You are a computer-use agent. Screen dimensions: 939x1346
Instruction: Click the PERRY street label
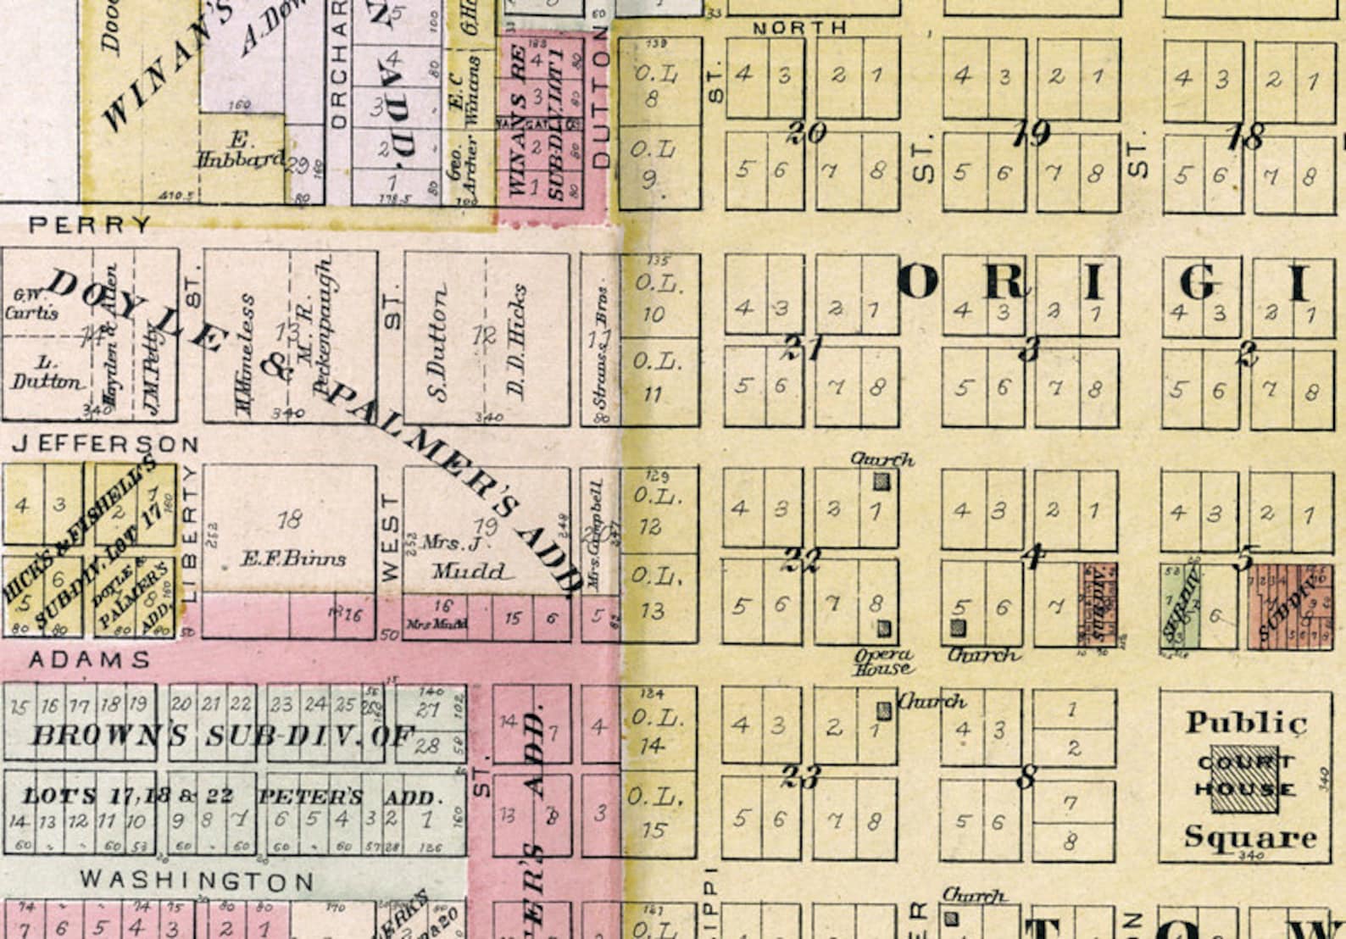[x=90, y=225]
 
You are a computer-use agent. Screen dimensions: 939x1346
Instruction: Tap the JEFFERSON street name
[x=106, y=443]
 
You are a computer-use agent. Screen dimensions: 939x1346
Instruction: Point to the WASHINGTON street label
[x=197, y=881]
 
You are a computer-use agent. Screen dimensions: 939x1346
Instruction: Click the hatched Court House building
[x=1244, y=778]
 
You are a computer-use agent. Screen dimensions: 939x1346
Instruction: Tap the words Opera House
[x=883, y=661]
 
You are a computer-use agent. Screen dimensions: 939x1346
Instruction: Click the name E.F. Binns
[x=292, y=558]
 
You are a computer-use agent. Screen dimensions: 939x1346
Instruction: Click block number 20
[x=805, y=132]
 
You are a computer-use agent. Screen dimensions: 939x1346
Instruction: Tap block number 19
[x=1031, y=133]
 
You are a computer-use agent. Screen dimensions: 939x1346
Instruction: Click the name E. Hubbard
[x=241, y=150]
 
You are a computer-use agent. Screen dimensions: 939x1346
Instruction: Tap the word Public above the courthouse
[x=1245, y=723]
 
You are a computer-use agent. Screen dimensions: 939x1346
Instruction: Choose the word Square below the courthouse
[x=1249, y=837]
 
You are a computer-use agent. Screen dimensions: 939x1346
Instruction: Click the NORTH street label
[x=799, y=28]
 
